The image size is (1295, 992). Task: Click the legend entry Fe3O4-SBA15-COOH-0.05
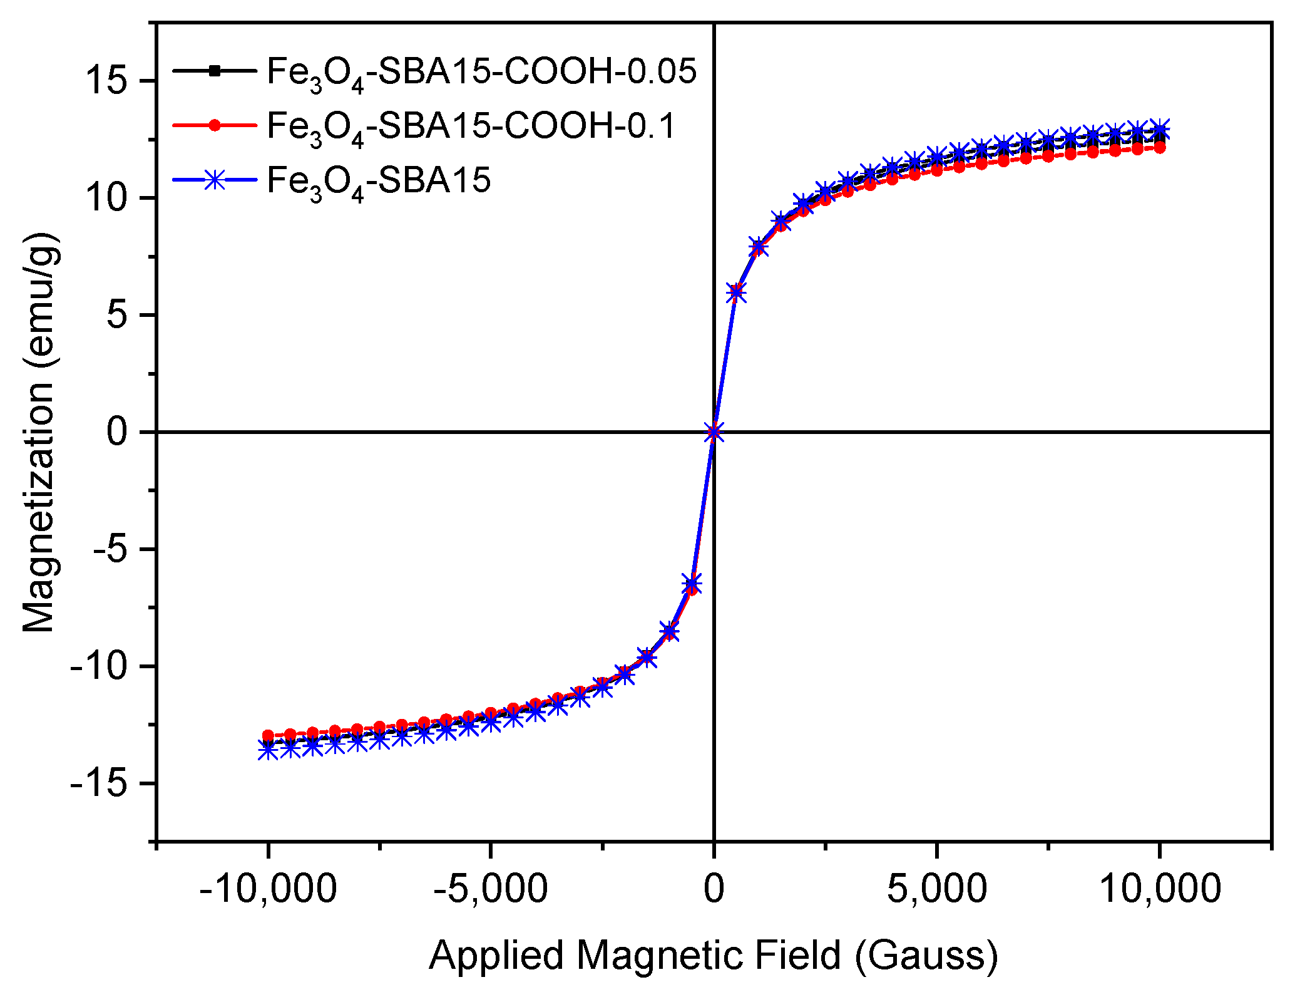point(481,72)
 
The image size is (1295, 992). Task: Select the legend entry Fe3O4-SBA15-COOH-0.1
point(471,126)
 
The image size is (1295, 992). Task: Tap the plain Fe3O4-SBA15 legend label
point(379,180)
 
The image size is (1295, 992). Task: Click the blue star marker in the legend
point(215,180)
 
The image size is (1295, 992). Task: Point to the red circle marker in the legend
point(215,125)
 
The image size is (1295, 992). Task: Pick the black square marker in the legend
point(215,71)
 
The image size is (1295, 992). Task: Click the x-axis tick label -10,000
point(268,888)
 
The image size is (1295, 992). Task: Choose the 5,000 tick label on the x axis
point(936,888)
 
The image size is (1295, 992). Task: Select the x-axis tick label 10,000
point(1159,888)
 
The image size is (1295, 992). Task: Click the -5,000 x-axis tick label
point(491,888)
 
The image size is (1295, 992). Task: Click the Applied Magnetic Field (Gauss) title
point(714,954)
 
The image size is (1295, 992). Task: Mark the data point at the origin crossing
point(714,431)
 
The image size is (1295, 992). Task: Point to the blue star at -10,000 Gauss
point(268,750)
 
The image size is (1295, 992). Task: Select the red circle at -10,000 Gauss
point(268,735)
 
